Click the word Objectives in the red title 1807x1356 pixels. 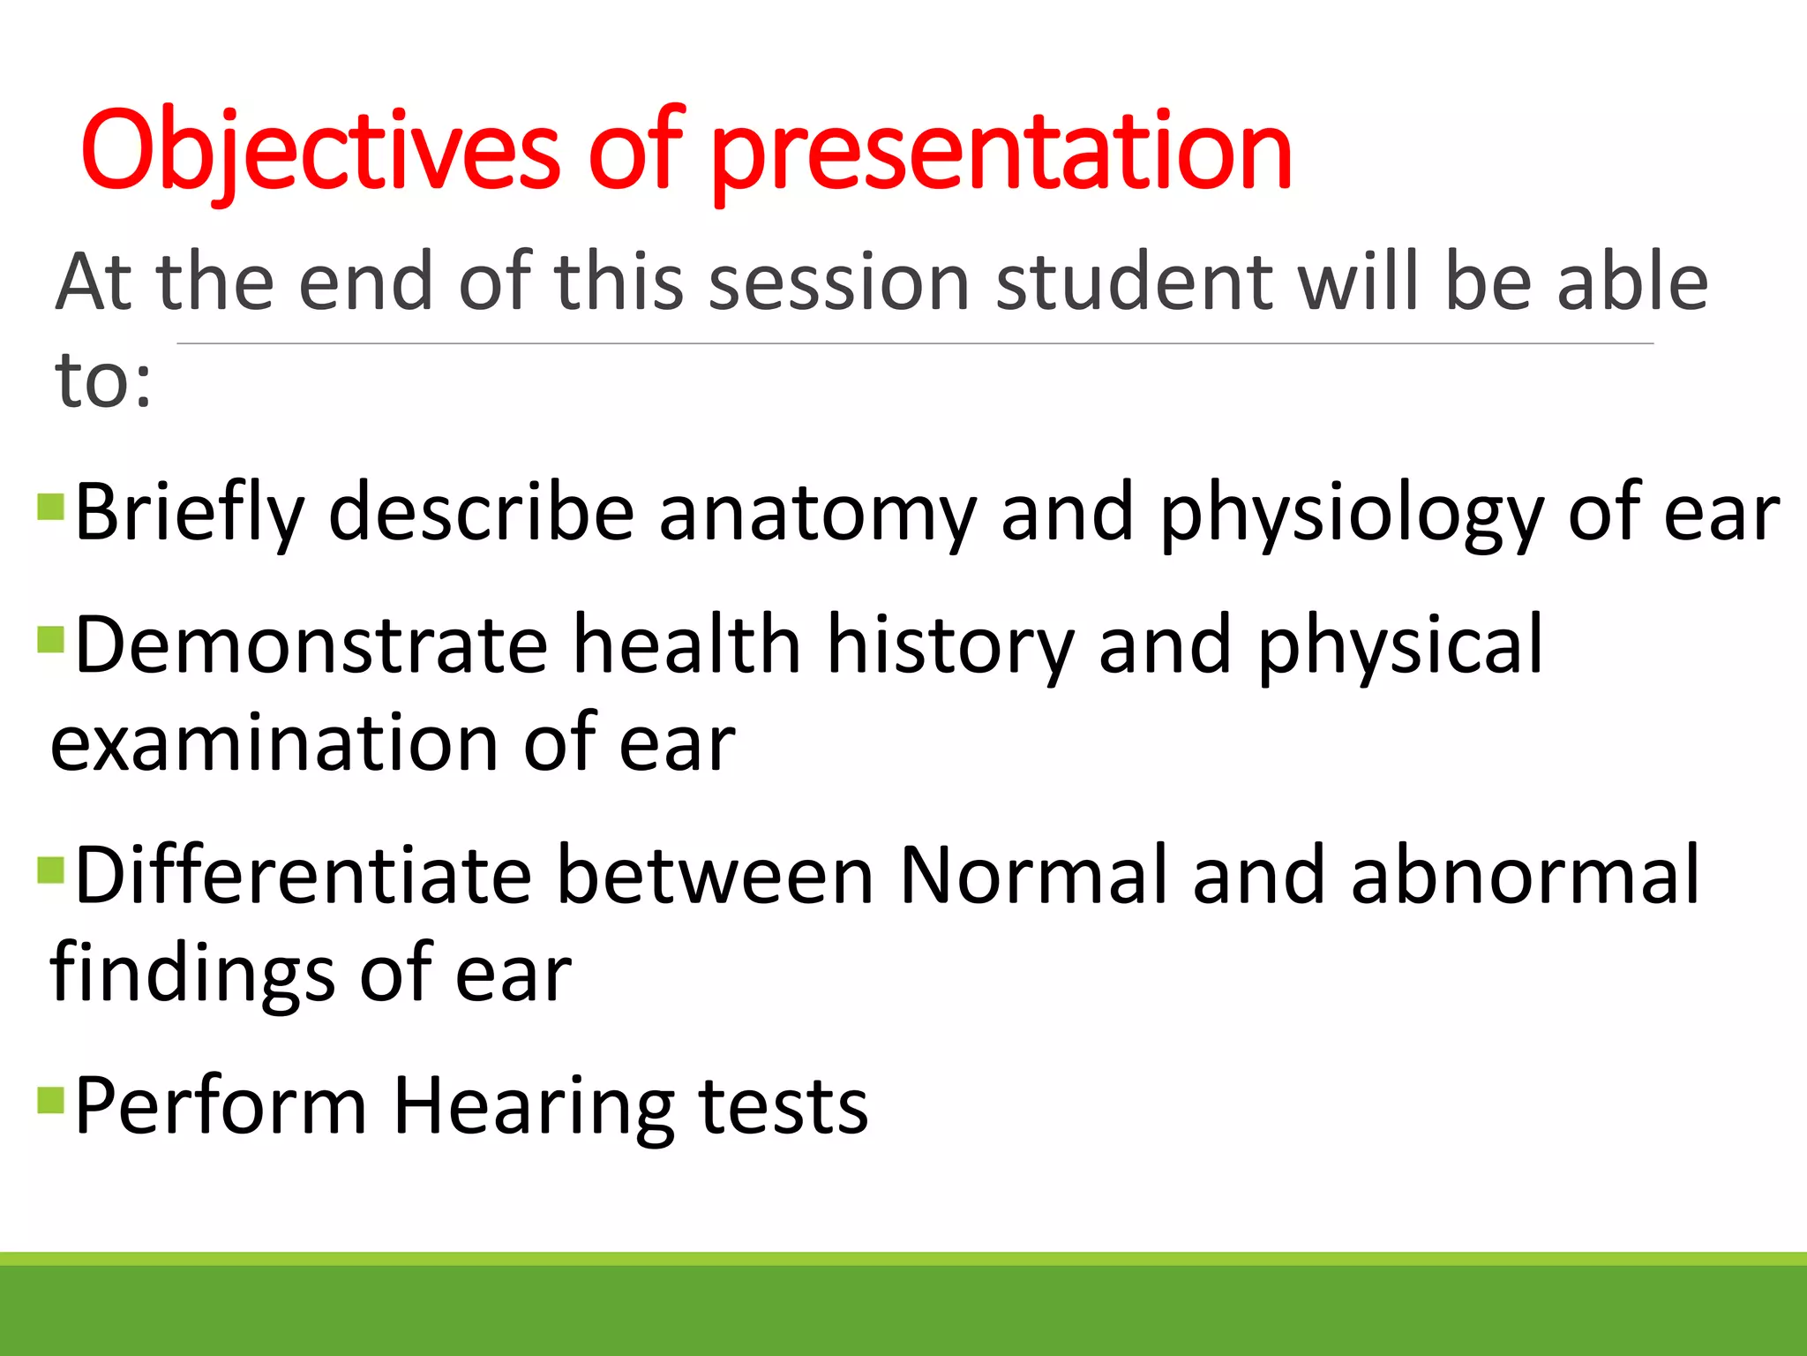click(319, 150)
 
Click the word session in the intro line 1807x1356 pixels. click(839, 282)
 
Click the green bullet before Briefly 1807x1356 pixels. click(51, 507)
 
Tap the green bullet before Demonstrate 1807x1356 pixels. click(51, 638)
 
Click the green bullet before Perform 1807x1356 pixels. click(51, 1100)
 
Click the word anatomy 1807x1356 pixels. click(817, 514)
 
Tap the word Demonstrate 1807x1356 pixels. click(311, 646)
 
